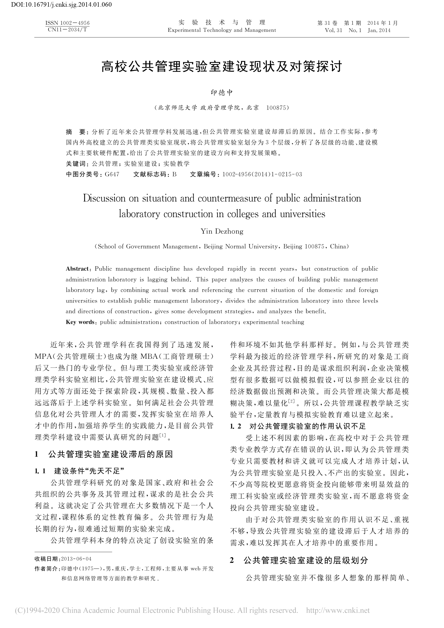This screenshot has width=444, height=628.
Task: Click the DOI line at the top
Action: pos(56,4)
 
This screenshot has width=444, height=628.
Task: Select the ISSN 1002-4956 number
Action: pos(67,23)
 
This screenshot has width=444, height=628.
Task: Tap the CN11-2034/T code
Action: pos(67,30)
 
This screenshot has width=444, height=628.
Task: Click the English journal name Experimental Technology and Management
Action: pos(222,30)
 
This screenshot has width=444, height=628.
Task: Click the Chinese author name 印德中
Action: pos(222,93)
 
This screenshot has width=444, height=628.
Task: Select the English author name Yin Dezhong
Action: pos(222,231)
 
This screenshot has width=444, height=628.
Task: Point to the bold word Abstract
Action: pos(77,269)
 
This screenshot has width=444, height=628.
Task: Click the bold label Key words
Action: pos(80,322)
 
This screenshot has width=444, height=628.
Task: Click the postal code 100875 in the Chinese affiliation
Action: pos(276,108)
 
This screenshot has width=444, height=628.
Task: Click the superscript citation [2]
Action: pos(291,401)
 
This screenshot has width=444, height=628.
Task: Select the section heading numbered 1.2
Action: pos(298,426)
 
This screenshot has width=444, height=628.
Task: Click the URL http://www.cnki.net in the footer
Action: pos(338,610)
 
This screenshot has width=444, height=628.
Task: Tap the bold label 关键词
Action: pos(76,164)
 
